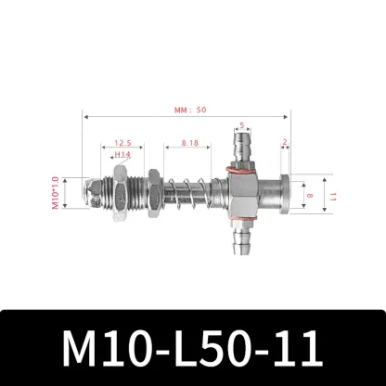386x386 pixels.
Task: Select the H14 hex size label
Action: click(122, 156)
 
